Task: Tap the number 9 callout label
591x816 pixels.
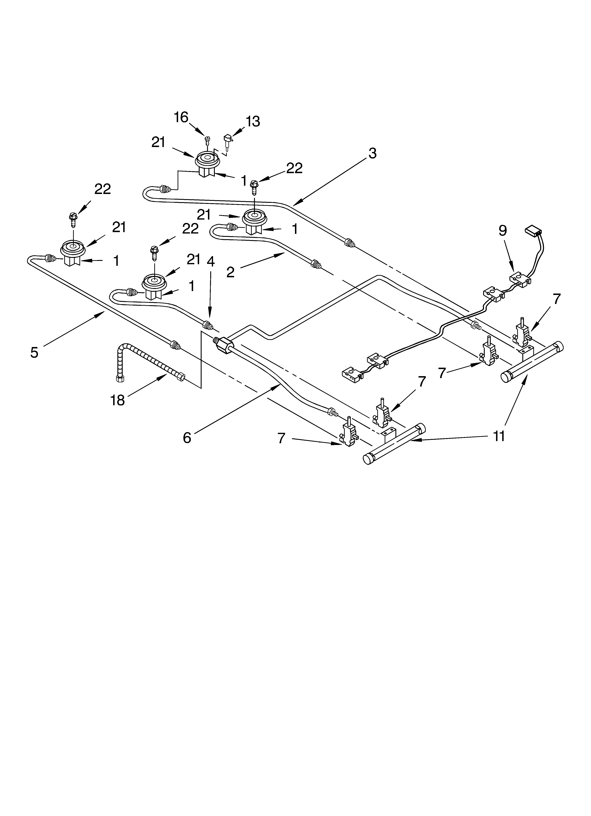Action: click(x=502, y=230)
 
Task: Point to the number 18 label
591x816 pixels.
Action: click(x=117, y=400)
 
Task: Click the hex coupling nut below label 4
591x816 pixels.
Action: click(x=222, y=345)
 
